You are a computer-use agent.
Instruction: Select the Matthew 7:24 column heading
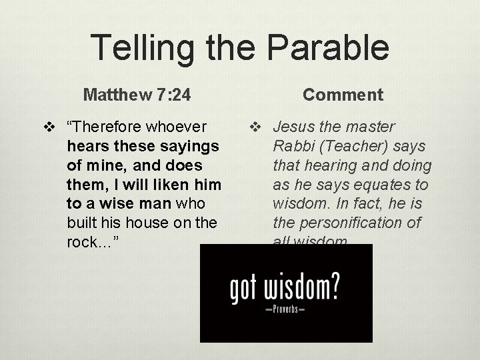click(x=137, y=95)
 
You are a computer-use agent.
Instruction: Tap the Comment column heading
click(x=343, y=95)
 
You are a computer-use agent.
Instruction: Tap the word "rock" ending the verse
click(x=83, y=242)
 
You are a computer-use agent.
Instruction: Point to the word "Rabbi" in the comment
click(x=293, y=146)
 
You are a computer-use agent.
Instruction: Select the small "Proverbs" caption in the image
click(x=285, y=311)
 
